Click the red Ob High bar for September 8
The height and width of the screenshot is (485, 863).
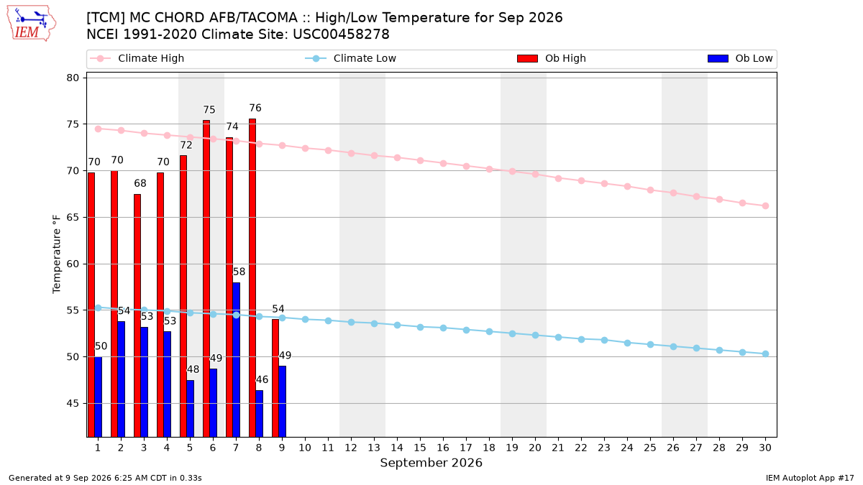pos(252,278)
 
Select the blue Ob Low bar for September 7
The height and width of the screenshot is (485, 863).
pos(236,360)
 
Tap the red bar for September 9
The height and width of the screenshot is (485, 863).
pos(275,378)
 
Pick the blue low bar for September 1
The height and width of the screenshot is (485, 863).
pos(99,397)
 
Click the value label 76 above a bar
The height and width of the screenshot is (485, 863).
pos(255,108)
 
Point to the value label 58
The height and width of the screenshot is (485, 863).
pos(239,272)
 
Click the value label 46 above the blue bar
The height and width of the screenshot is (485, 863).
pos(262,379)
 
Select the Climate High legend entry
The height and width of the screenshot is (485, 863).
pos(137,58)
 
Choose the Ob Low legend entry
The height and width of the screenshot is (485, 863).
pos(740,58)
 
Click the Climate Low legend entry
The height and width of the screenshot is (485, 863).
pos(350,58)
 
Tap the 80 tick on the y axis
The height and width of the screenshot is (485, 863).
pos(73,78)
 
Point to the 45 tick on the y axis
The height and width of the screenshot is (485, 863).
pos(73,403)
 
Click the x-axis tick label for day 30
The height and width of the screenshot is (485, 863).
pos(765,448)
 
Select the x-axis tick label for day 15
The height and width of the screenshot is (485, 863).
pos(420,448)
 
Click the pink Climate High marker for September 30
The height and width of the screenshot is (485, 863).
pos(765,206)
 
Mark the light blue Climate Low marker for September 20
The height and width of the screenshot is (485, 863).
pos(535,336)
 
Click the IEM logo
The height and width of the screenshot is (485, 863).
pos(32,24)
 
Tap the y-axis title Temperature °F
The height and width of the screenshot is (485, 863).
pos(56,254)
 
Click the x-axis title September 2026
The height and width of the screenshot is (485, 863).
pos(431,463)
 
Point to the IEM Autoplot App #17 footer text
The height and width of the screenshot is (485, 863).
pos(810,478)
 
